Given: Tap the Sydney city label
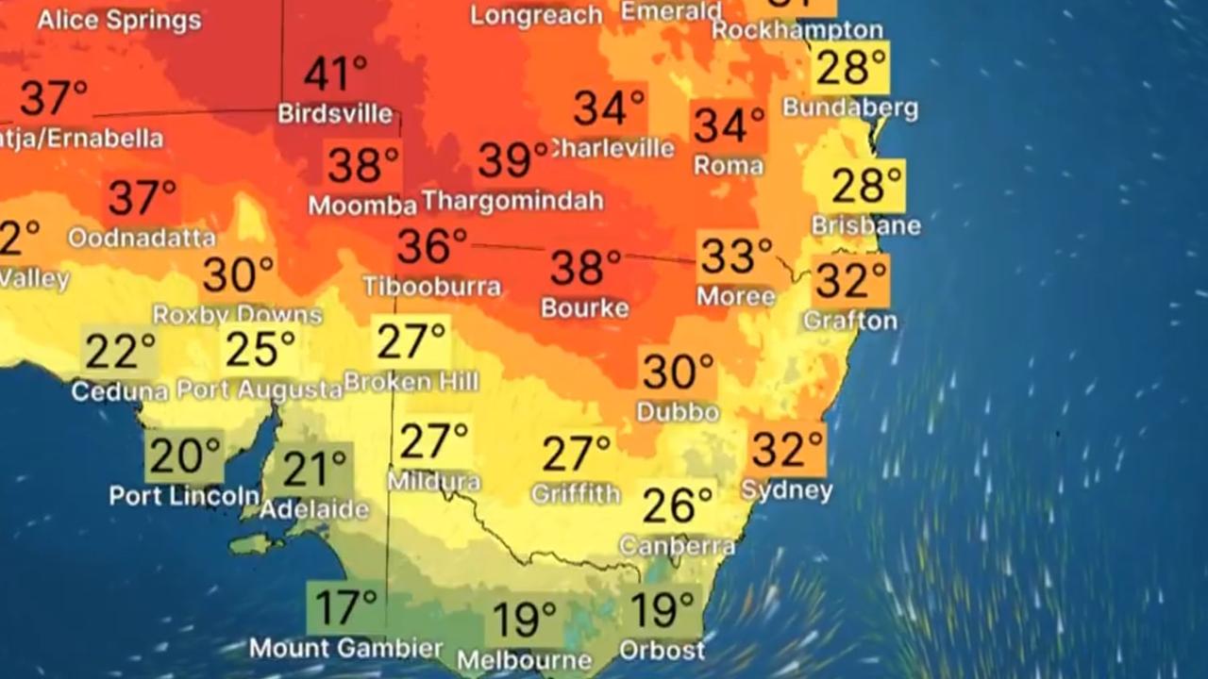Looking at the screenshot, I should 787,490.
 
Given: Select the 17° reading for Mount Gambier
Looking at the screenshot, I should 345,608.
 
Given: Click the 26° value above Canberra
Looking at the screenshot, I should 678,505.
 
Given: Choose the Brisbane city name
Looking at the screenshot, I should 866,226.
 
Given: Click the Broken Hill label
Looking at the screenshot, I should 411,382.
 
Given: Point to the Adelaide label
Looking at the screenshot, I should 313,510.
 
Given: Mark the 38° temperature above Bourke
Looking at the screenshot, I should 586,268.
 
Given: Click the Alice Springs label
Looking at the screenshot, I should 119,19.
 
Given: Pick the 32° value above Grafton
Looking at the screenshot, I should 851,280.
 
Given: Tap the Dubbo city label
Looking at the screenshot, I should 678,412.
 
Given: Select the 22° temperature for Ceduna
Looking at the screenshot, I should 120,352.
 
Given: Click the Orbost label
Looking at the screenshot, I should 662,651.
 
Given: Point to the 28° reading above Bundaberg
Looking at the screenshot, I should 850,69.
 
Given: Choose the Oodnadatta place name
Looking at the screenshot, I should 142,238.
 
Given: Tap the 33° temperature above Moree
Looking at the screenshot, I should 735,256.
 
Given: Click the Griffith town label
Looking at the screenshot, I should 576,493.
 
